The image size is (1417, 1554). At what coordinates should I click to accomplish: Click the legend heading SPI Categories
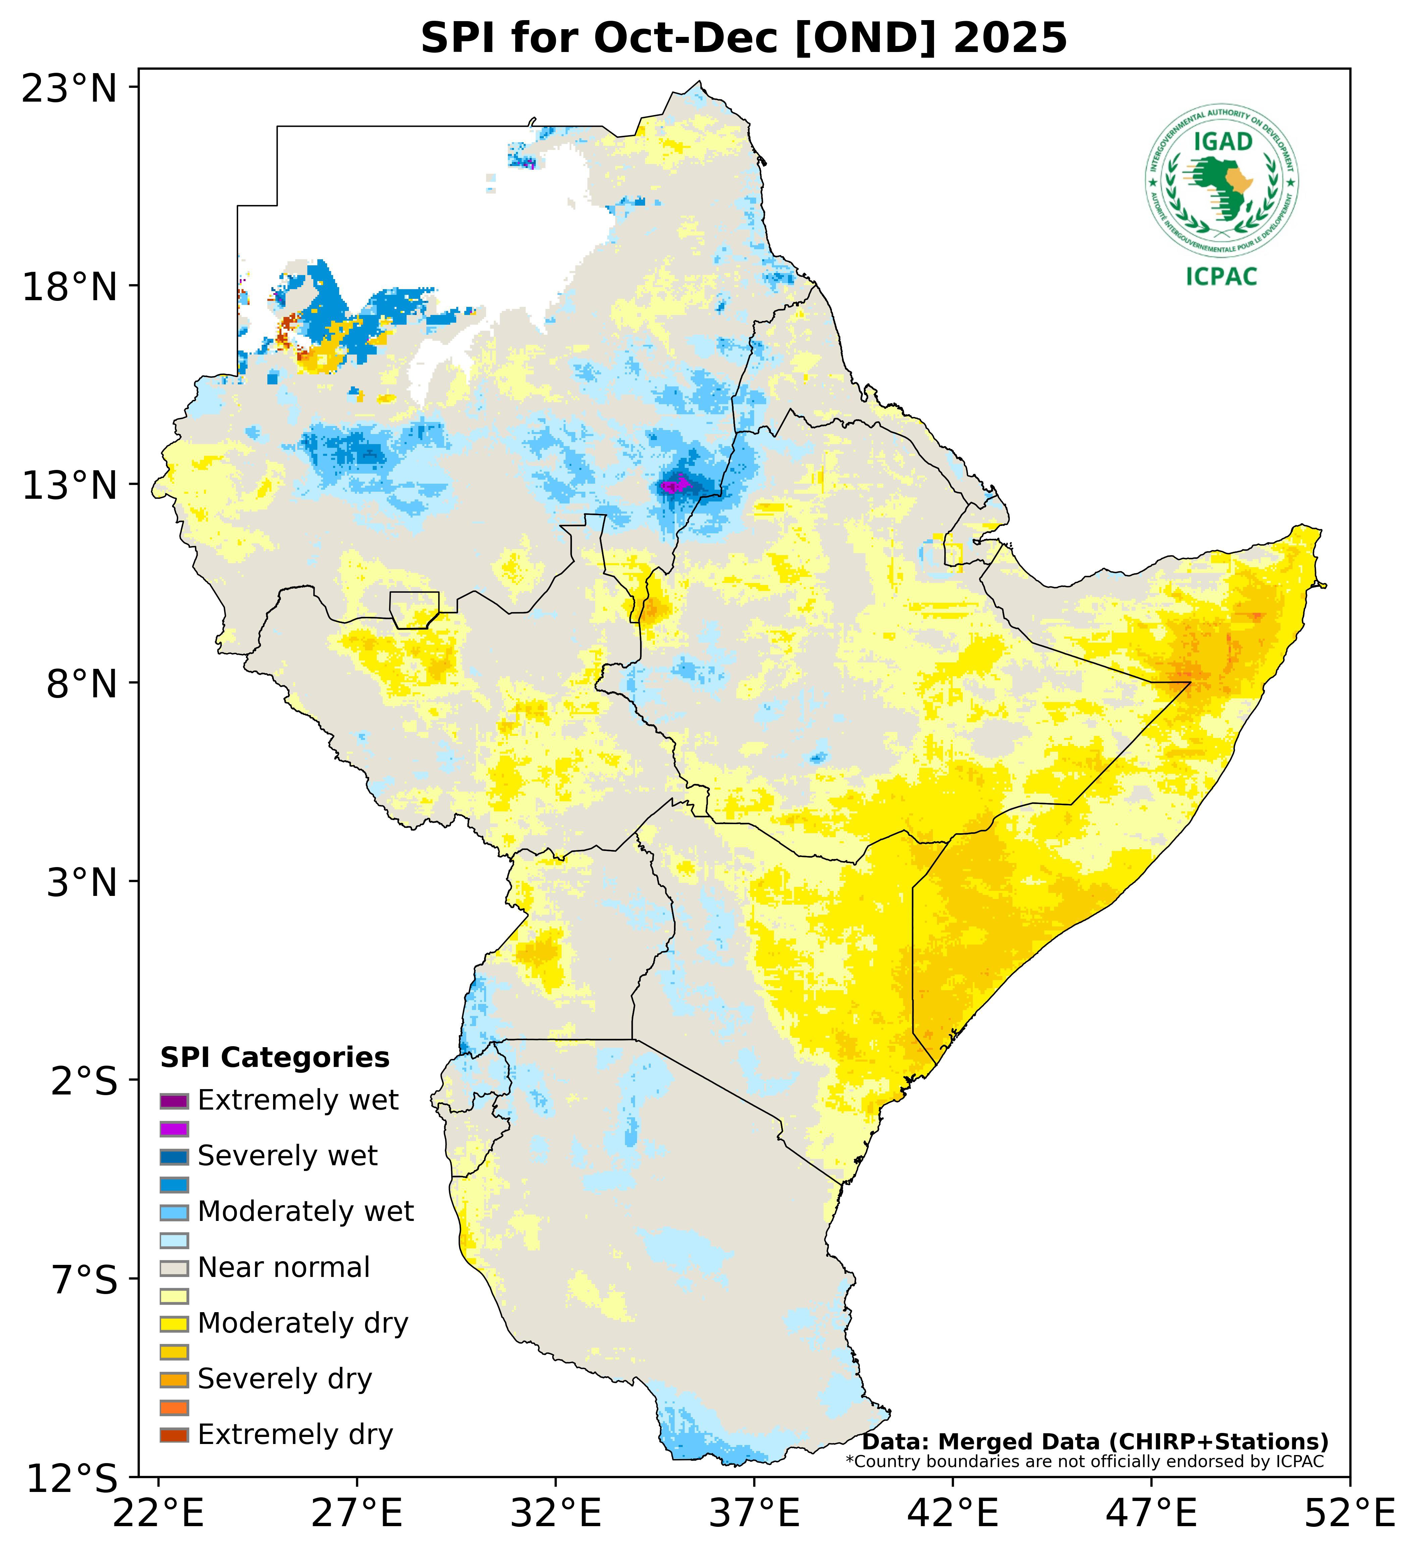[274, 1058]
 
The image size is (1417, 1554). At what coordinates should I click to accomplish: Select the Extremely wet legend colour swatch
[174, 1101]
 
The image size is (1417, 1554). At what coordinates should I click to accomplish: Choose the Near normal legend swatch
[174, 1268]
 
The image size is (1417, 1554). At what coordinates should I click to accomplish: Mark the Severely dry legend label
[284, 1379]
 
